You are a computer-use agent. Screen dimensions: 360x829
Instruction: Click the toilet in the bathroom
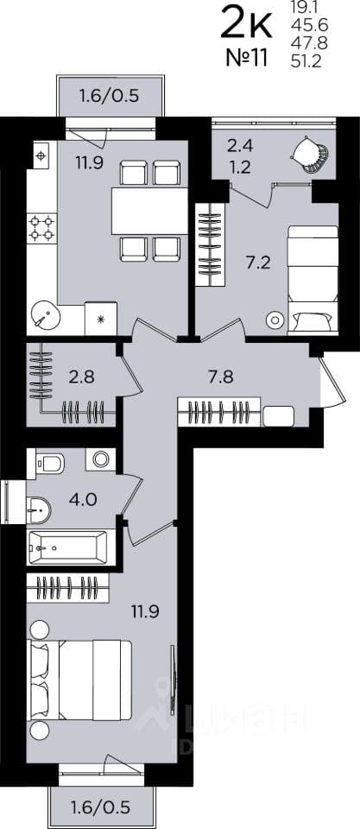point(50,463)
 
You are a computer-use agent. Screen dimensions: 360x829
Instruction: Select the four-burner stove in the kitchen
point(41,227)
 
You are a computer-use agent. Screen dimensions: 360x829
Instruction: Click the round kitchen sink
point(45,316)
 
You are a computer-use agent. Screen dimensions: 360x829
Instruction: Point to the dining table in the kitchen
point(149,211)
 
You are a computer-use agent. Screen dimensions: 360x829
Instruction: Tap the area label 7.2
point(258,263)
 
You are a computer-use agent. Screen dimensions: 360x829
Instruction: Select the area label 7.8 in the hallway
point(221,378)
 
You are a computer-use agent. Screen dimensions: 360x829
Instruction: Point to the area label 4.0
point(84,500)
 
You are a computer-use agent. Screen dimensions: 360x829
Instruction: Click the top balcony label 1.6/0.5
point(109,96)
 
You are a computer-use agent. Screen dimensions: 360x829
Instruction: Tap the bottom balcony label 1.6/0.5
point(100,808)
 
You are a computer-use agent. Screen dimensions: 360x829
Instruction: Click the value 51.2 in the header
point(306,63)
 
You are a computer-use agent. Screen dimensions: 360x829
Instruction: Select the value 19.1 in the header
point(303,8)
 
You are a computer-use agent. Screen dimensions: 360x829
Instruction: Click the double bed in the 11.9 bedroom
point(79,680)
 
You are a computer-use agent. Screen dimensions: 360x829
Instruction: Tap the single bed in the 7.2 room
point(313,280)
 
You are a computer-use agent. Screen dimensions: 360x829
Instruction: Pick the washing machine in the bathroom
point(100,459)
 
